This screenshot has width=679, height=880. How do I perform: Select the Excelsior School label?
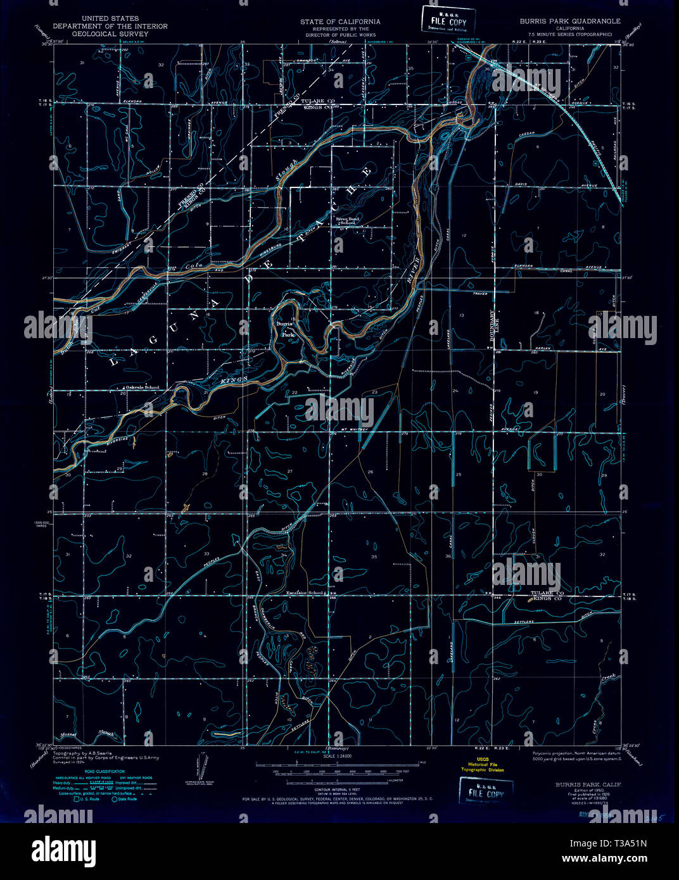click(x=305, y=593)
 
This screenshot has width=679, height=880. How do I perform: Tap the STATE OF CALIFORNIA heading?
click(x=340, y=21)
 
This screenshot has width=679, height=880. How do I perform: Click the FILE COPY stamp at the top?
click(x=444, y=20)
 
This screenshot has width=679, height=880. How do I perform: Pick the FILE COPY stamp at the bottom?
click(x=486, y=792)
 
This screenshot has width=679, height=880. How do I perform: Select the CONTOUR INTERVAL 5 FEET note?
click(x=339, y=791)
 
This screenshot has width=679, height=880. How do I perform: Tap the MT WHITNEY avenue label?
click(x=347, y=432)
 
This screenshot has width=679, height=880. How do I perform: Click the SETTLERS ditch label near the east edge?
click(x=524, y=622)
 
